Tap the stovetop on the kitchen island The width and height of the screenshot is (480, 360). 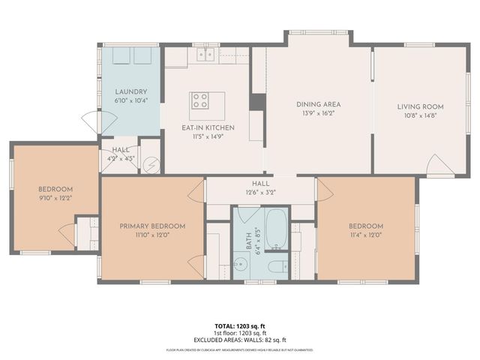click(x=200, y=101)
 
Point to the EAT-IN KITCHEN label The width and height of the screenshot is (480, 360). click(x=208, y=128)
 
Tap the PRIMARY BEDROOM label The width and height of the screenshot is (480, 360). click(x=152, y=226)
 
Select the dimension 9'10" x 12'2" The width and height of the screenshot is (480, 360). click(x=56, y=197)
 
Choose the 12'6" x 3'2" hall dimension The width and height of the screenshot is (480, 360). click(x=260, y=192)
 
